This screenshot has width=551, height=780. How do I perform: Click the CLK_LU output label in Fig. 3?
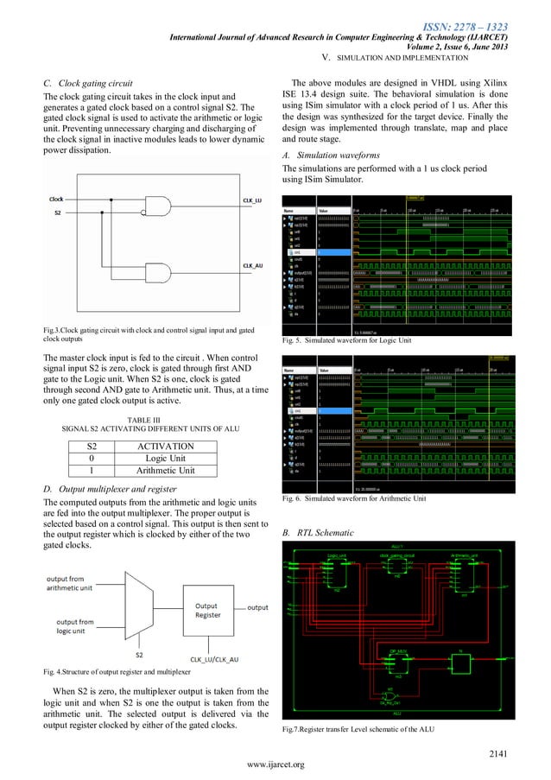[251, 200]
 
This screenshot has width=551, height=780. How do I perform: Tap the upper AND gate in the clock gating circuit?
[160, 205]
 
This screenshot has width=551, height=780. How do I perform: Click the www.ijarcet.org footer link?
[275, 765]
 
